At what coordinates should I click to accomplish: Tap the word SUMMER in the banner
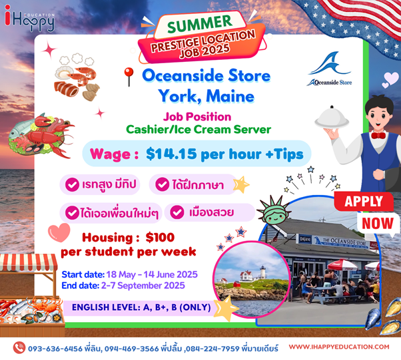pyautogui.click(x=200, y=23)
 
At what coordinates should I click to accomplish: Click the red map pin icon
pyautogui.click(x=129, y=77)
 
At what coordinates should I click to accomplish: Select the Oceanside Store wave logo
pyautogui.click(x=330, y=69)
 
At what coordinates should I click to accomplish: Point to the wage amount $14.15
pyautogui.click(x=171, y=154)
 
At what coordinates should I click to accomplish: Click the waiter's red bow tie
pyautogui.click(x=378, y=135)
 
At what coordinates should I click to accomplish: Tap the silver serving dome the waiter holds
pyautogui.click(x=332, y=117)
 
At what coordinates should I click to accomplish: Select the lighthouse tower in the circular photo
pyautogui.click(x=262, y=272)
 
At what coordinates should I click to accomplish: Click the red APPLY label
pyautogui.click(x=364, y=202)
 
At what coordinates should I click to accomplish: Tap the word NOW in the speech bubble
pyautogui.click(x=378, y=224)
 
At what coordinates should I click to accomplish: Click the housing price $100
pyautogui.click(x=160, y=238)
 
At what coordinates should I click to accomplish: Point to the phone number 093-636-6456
pyautogui.click(x=55, y=349)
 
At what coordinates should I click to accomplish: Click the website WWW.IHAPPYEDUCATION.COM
pyautogui.click(x=339, y=347)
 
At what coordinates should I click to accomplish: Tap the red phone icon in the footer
pyautogui.click(x=19, y=348)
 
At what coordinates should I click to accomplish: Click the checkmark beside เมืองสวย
pyautogui.click(x=177, y=212)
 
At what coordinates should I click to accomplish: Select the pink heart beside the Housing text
pyautogui.click(x=59, y=232)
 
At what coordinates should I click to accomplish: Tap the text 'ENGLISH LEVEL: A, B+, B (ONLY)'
pyautogui.click(x=141, y=307)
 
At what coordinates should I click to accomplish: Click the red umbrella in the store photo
pyautogui.click(x=342, y=265)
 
